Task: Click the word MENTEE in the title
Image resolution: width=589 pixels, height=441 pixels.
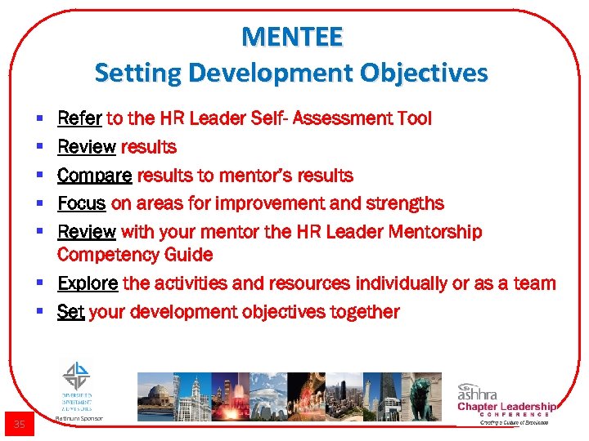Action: pyautogui.click(x=292, y=38)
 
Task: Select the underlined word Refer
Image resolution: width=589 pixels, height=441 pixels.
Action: pyautogui.click(x=79, y=119)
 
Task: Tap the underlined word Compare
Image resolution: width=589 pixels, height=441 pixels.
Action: pyautogui.click(x=94, y=176)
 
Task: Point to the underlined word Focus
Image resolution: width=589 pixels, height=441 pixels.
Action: pyautogui.click(x=82, y=203)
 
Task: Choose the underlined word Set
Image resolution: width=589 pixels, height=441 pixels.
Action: pyautogui.click(x=70, y=312)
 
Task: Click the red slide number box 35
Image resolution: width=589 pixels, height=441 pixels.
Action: pyautogui.click(x=20, y=424)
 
